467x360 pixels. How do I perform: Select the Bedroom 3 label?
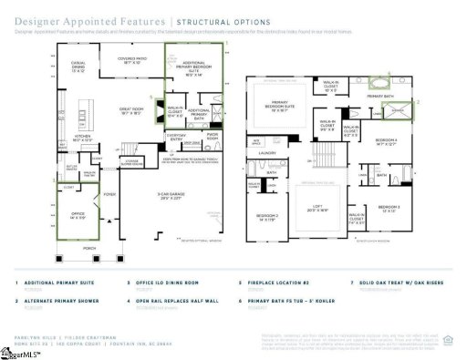pos(389,209)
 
